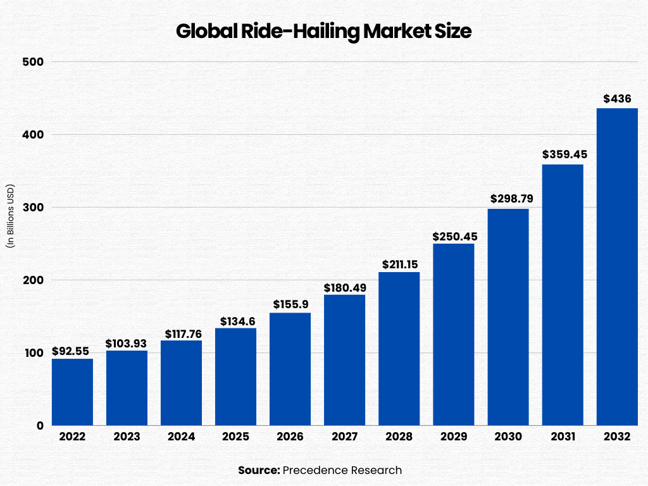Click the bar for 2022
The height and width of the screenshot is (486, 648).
point(72,392)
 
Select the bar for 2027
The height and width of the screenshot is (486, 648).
point(344,360)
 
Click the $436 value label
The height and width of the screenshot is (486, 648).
point(616,99)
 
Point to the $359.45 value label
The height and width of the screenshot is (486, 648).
point(562,154)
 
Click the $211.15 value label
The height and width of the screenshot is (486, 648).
point(399,263)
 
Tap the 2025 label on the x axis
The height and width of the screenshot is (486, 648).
point(235,437)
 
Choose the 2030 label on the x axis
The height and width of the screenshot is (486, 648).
point(508,437)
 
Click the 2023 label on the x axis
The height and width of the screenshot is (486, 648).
point(127,437)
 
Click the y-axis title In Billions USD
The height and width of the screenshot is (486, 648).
point(11,216)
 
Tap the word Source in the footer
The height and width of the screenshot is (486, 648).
point(258,470)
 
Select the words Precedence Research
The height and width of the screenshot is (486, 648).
point(342,470)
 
